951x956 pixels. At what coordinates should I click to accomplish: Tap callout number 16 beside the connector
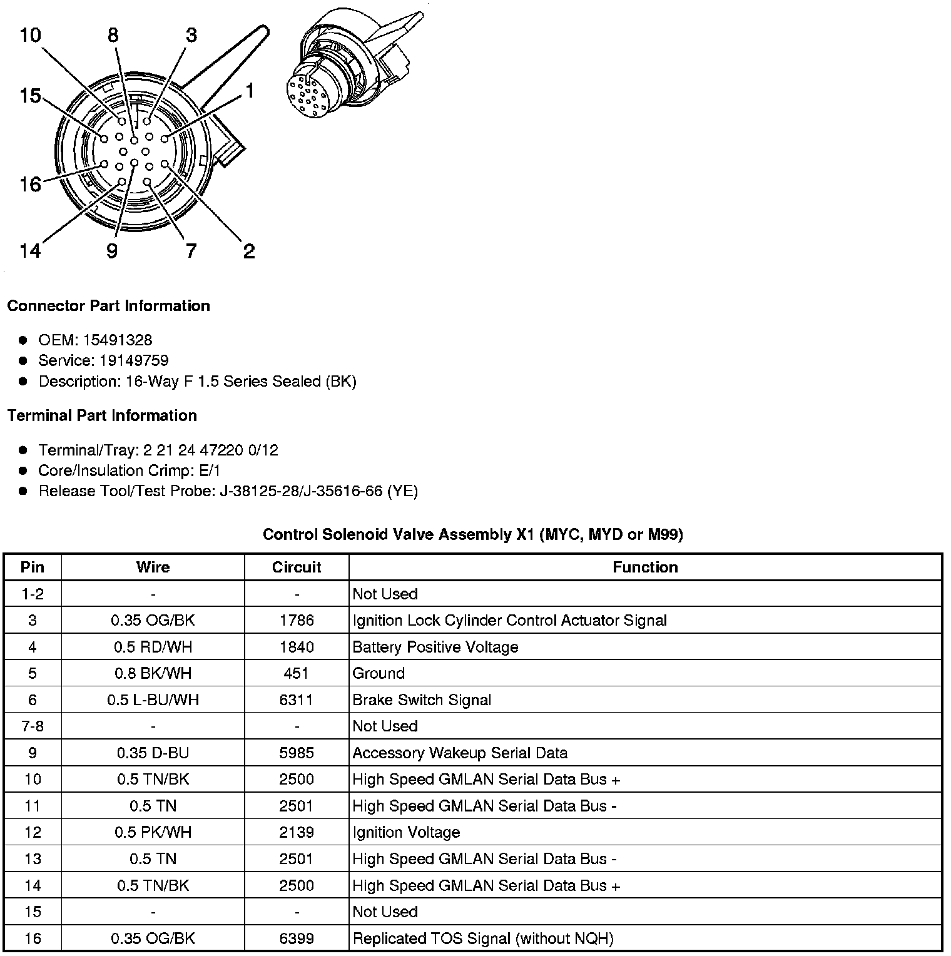30,185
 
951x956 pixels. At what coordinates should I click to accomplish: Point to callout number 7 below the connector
191,251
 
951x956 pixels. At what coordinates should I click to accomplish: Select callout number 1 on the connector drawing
250,91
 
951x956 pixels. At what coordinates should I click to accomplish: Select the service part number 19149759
134,360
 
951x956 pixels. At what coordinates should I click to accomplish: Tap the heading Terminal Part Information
102,415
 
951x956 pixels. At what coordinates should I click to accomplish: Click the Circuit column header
297,567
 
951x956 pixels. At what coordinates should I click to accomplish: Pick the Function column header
645,567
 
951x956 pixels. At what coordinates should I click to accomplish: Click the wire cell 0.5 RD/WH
153,647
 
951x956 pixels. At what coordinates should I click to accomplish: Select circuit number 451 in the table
297,673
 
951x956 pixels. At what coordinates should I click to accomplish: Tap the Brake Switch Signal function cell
422,699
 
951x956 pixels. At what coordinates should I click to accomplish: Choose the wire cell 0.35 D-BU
153,753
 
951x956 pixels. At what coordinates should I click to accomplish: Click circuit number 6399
297,938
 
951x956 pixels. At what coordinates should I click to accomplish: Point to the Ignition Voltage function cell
406,832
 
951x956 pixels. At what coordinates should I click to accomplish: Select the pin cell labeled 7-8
33,726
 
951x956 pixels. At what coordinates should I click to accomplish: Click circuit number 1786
297,620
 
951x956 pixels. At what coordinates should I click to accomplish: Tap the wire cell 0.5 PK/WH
153,832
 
